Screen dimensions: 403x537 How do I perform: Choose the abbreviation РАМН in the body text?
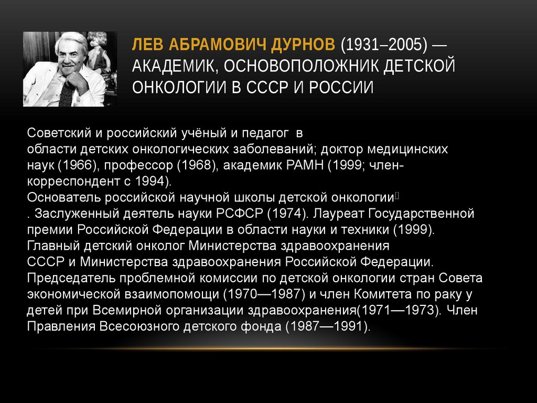[x=306, y=165]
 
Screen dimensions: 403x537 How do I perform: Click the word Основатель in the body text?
[x=63, y=198]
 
